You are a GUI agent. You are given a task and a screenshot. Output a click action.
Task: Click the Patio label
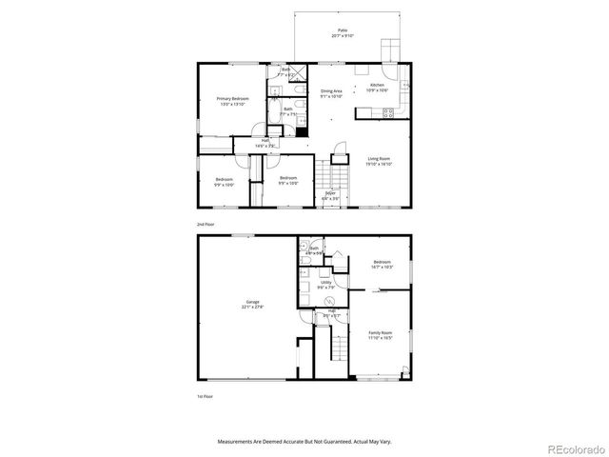coord(342,32)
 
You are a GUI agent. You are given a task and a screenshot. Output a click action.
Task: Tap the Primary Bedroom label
coord(233,100)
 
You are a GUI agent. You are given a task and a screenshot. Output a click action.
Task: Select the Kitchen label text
coord(377,88)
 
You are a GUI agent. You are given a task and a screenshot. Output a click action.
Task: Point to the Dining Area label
coord(331,94)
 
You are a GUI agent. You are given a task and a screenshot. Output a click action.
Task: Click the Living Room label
coord(380,162)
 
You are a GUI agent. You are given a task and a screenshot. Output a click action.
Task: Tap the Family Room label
coord(381,335)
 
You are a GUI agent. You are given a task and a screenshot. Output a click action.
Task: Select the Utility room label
coord(325,285)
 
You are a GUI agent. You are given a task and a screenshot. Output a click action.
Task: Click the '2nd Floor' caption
coord(205,224)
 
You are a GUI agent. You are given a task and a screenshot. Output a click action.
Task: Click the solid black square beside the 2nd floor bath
coord(302,132)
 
